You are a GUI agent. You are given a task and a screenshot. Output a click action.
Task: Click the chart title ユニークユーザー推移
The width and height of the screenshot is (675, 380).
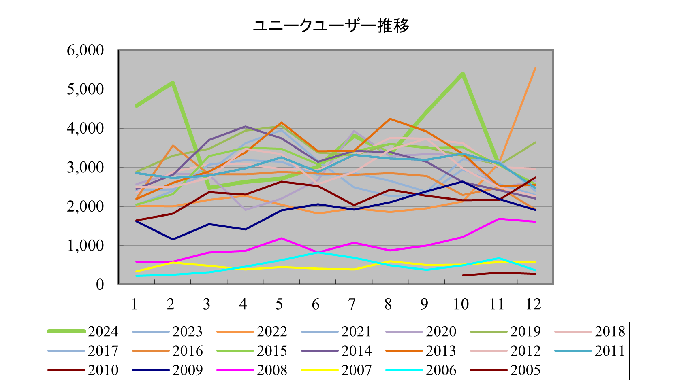point(331,25)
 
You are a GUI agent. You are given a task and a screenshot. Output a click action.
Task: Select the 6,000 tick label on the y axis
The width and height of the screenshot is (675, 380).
point(85,50)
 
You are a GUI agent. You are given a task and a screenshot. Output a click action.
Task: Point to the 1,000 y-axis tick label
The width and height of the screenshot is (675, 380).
point(85,245)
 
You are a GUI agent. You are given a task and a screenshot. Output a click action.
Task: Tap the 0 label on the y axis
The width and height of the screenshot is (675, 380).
point(100,284)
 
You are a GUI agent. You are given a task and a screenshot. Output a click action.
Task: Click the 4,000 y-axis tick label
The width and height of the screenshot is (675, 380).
point(85,128)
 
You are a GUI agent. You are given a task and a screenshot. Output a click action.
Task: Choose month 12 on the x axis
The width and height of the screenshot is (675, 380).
point(533,304)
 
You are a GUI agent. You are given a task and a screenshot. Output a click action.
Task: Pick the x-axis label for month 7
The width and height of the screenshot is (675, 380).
point(352,304)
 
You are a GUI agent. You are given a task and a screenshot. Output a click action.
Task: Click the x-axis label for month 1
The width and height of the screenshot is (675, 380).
point(135,304)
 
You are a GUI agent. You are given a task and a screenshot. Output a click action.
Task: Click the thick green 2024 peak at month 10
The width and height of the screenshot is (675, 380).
point(462,74)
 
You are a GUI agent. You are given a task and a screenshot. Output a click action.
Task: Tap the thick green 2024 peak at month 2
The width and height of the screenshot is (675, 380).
point(173,83)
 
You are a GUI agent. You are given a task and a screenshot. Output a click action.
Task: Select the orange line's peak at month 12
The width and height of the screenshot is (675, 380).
point(535,68)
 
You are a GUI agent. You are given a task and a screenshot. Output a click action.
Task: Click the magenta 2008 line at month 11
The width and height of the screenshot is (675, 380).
point(499,219)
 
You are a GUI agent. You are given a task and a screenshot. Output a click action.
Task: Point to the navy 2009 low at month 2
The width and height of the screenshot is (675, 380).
point(173,239)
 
